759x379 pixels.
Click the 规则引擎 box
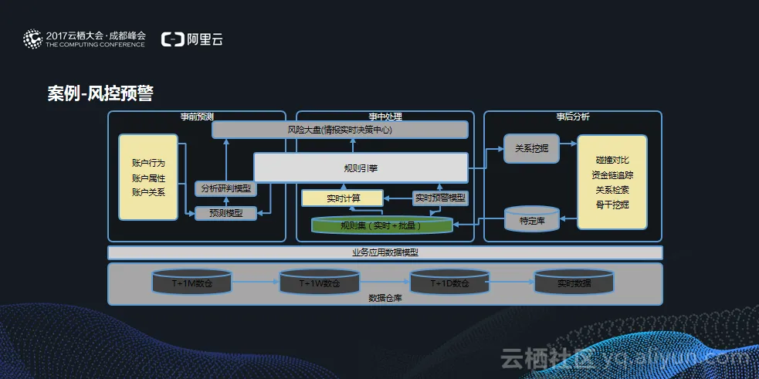[x=361, y=168]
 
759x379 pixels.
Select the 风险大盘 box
[x=340, y=130]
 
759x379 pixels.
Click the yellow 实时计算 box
[x=342, y=198]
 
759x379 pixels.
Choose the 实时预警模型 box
[x=440, y=198]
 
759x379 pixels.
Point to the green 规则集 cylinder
[x=381, y=225]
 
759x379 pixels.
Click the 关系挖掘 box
[x=531, y=148]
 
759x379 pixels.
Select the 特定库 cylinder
[x=531, y=220]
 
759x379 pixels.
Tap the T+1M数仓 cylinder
[x=191, y=283]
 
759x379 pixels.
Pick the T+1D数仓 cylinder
[x=449, y=283]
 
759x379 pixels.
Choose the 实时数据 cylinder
[x=574, y=283]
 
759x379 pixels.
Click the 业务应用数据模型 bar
[x=385, y=252]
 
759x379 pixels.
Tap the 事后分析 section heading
[x=572, y=117]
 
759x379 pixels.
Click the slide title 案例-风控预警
[x=100, y=94]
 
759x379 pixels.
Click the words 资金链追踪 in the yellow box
[x=612, y=174]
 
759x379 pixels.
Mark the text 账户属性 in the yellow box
[x=148, y=178]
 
